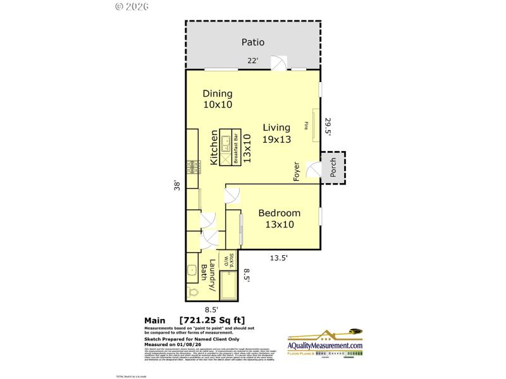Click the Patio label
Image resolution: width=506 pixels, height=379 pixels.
tap(252, 43)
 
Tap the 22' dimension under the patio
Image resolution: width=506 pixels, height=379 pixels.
tap(252, 61)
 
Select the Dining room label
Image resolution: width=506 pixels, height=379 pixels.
tap(217, 99)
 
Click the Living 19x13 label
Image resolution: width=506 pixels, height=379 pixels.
tap(276, 133)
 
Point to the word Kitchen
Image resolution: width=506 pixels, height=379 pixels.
tap(214, 148)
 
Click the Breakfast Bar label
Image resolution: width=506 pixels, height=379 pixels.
tap(235, 149)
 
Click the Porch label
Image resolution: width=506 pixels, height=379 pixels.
tap(333, 168)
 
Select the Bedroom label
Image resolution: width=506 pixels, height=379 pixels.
tap(279, 219)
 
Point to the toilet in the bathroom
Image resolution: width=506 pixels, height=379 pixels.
tap(193, 292)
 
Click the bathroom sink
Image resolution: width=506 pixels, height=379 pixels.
tap(192, 271)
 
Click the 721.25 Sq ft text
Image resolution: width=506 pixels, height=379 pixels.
tap(213, 320)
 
